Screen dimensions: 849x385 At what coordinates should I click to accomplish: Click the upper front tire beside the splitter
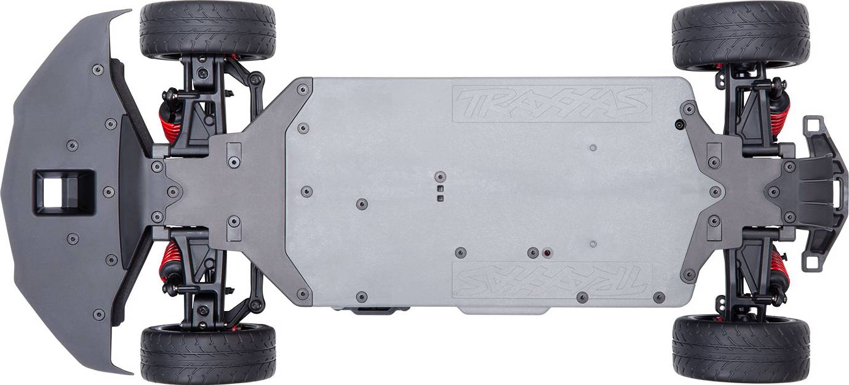point(208,30)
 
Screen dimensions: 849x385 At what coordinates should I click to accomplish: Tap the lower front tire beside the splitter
point(208,354)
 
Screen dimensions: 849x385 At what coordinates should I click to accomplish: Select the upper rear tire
point(741,36)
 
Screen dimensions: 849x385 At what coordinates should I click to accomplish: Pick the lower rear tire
point(741,350)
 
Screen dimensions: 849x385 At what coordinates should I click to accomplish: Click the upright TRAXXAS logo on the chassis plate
point(552,103)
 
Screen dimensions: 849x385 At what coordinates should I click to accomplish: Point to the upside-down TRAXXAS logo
point(552,280)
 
